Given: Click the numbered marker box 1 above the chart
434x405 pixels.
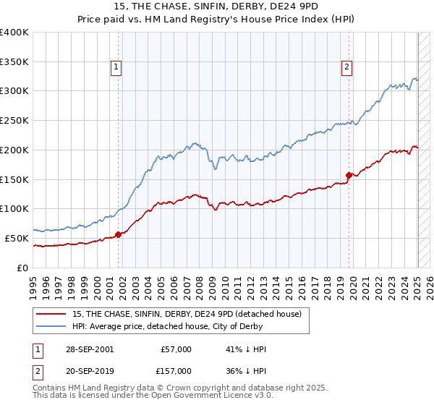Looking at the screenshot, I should point(116,67).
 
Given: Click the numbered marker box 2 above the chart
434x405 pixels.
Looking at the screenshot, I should point(346,67).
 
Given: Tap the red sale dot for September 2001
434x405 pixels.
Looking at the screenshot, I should point(119,234).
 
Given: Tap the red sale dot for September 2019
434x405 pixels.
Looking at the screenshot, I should point(349,174).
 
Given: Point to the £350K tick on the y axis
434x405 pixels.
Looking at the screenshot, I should point(15,61).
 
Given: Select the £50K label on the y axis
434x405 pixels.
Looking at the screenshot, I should point(17,238).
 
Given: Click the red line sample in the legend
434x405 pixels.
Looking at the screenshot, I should point(51,313).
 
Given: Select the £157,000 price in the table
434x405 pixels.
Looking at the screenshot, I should point(176,371).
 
